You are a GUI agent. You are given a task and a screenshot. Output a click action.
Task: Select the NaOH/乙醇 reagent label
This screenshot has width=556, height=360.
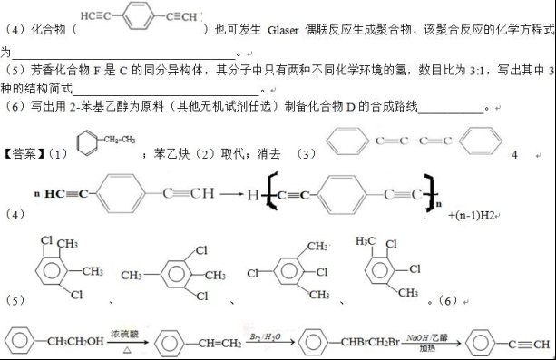tap(425, 335)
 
